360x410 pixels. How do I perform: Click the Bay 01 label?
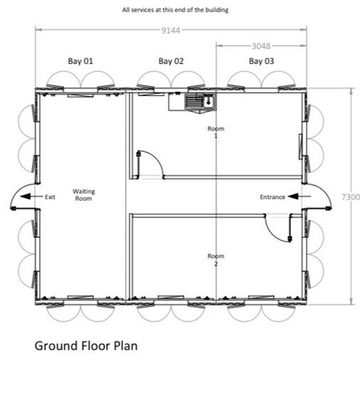pos(80,61)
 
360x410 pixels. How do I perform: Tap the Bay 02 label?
pos(171,61)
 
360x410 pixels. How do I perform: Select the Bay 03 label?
pos(262,61)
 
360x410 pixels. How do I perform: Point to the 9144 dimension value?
pos(171,30)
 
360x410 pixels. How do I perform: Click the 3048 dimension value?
pos(261,46)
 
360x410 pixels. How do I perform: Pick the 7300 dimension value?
pos(351,197)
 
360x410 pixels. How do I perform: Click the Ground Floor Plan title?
pos(86,346)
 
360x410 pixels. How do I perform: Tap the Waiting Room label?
pos(84,195)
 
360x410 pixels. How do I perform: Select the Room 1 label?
pos(216,132)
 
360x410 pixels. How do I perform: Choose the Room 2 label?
pos(216,260)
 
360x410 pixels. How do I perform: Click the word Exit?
pos(50,197)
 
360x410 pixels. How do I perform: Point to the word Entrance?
pos(272,197)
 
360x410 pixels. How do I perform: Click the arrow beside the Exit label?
pos(32,197)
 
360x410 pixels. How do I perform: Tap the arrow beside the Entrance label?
pos(299,196)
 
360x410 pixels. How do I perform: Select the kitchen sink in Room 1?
pos(200,102)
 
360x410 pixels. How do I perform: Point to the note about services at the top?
pos(175,10)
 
